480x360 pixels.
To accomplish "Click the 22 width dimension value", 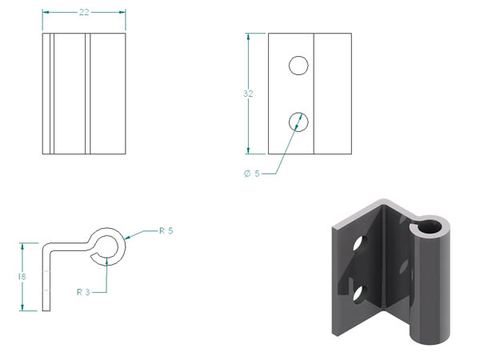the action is coord(84,12).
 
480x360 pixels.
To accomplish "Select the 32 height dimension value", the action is coord(248,94).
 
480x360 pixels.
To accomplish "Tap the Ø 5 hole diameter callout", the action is coord(252,174).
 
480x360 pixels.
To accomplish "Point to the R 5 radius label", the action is coord(166,230).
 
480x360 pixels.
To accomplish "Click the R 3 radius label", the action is coord(83,292).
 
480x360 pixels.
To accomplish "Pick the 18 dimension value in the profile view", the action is coord(22,277).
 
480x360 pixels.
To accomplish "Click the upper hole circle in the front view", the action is coord(298,66).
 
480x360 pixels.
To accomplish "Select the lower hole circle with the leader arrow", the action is coord(298,122).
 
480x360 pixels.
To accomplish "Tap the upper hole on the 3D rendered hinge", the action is coord(358,243).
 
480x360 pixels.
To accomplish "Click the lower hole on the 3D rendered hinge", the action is coord(358,294).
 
